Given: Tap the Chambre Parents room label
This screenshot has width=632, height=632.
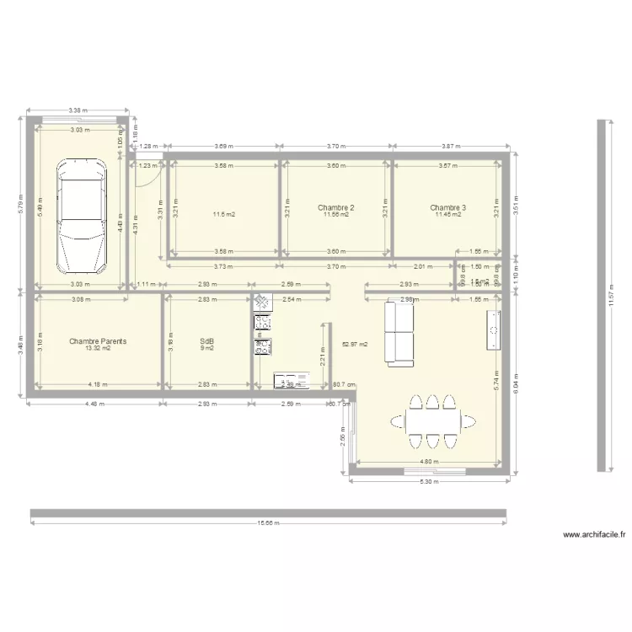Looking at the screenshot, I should click(98, 341).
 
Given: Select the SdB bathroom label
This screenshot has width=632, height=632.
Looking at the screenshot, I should click(206, 341).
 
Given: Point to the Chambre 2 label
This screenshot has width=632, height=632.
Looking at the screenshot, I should click(335, 207).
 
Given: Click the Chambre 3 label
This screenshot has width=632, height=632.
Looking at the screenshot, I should click(447, 207).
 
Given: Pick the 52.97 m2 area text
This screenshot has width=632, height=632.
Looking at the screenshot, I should click(354, 344).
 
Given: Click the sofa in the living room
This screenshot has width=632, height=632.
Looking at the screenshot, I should click(399, 333).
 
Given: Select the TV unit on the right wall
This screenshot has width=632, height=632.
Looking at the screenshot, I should click(492, 329).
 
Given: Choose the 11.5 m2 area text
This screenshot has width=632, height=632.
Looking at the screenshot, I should click(223, 215).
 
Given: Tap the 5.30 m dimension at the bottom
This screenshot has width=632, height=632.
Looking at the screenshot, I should click(429, 482).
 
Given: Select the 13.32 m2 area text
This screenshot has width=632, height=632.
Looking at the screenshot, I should click(98, 348).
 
